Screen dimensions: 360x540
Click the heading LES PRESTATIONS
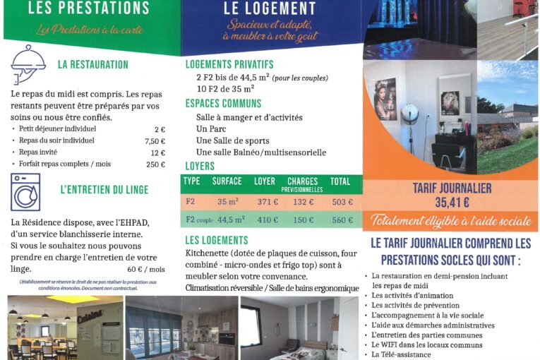pyautogui.click(x=88, y=9)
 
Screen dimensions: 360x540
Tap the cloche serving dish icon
pyautogui.click(x=28, y=64)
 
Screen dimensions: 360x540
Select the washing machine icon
pyautogui.click(x=25, y=192)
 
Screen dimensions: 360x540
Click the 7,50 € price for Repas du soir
pyautogui.click(x=155, y=140)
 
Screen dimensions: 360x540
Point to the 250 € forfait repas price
pyautogui.click(x=155, y=164)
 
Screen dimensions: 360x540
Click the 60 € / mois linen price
pyautogui.click(x=146, y=269)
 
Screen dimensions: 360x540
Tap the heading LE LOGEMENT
pyautogui.click(x=270, y=9)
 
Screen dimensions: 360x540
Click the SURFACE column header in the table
pyautogui.click(x=227, y=181)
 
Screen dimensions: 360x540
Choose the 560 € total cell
pyautogui.click(x=342, y=220)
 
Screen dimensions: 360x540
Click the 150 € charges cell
pyautogui.click(x=303, y=220)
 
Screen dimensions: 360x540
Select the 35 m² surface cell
pyautogui.click(x=227, y=202)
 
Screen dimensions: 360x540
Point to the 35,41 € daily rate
pyautogui.click(x=451, y=203)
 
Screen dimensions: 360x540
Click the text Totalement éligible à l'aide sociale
pyautogui.click(x=451, y=220)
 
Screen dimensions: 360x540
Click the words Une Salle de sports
pyautogui.click(x=232, y=140)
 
